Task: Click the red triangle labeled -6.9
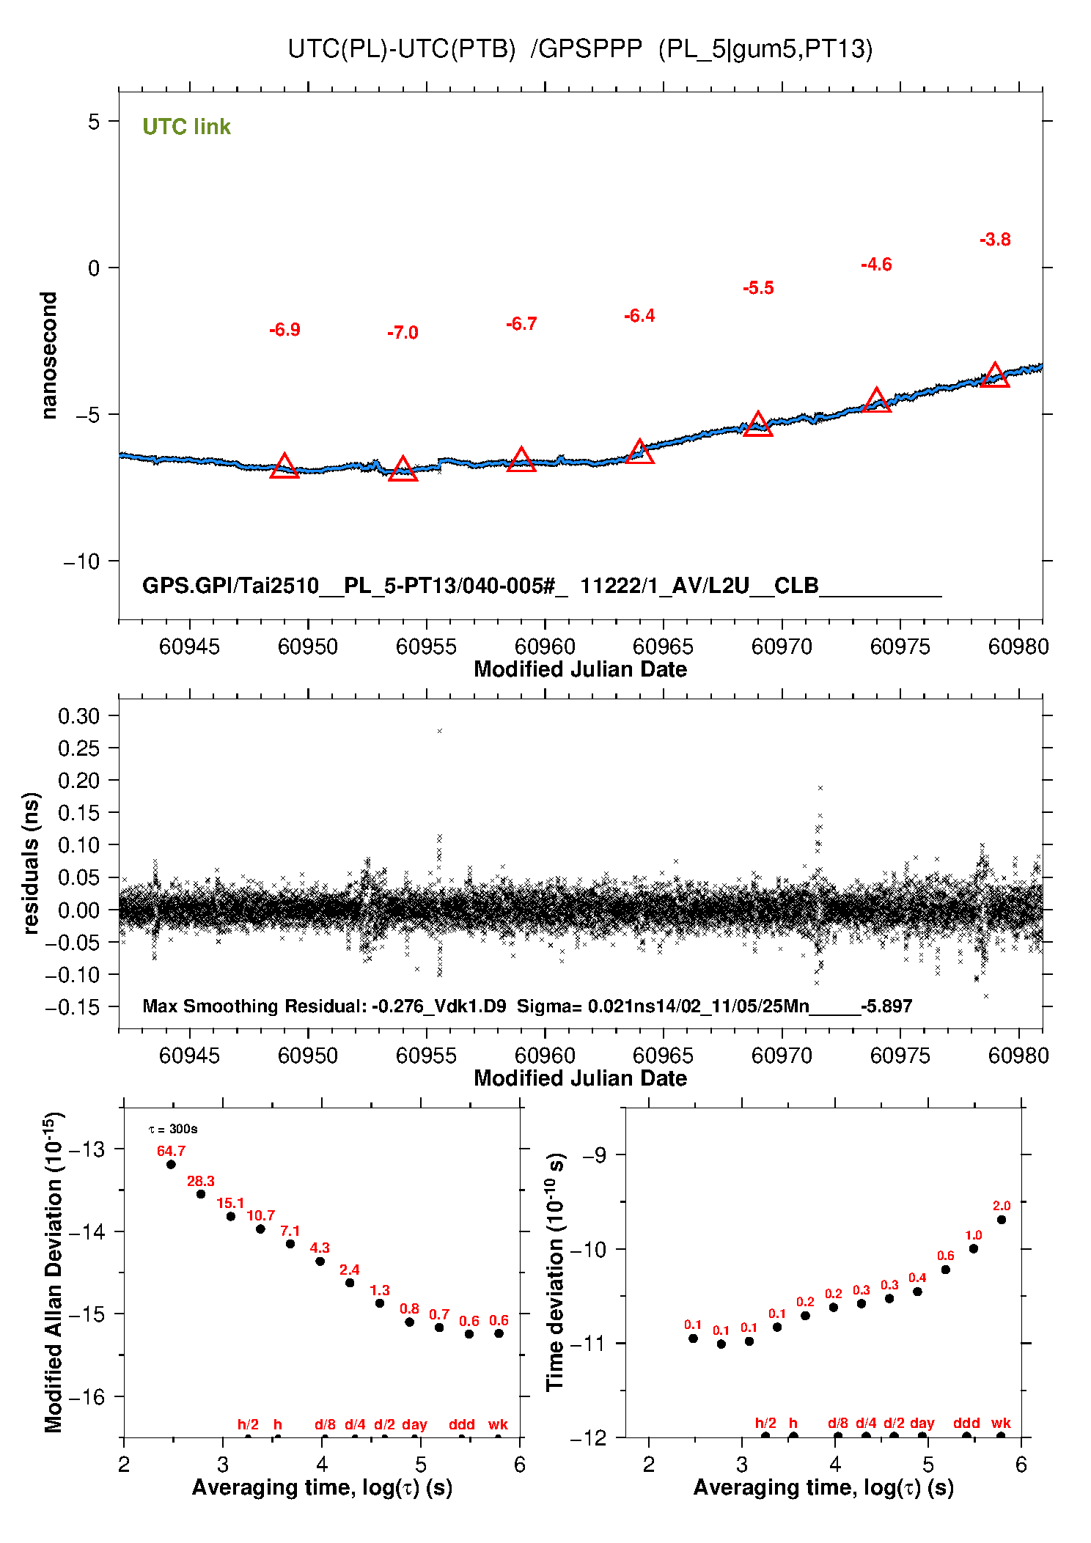pyautogui.click(x=284, y=467)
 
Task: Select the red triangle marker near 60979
pyautogui.click(x=995, y=376)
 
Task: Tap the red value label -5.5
pyautogui.click(x=758, y=288)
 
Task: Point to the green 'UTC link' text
pyautogui.click(x=186, y=127)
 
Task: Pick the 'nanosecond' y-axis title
pyautogui.click(x=49, y=356)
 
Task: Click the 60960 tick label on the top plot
pyautogui.click(x=545, y=647)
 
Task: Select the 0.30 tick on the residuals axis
pyautogui.click(x=78, y=716)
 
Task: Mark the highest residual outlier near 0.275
pyautogui.click(x=440, y=731)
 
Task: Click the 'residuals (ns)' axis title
pyautogui.click(x=31, y=863)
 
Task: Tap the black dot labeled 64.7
pyautogui.click(x=171, y=1164)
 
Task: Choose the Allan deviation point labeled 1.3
pyautogui.click(x=380, y=1303)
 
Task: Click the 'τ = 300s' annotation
pyautogui.click(x=173, y=1130)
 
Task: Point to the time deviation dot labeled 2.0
pyautogui.click(x=1002, y=1220)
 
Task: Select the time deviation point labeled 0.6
pyautogui.click(x=946, y=1270)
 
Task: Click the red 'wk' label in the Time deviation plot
pyautogui.click(x=1001, y=1424)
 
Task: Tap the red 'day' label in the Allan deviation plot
pyautogui.click(x=414, y=1424)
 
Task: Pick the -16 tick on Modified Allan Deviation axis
pyautogui.click(x=86, y=1397)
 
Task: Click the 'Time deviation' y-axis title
pyautogui.click(x=555, y=1272)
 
